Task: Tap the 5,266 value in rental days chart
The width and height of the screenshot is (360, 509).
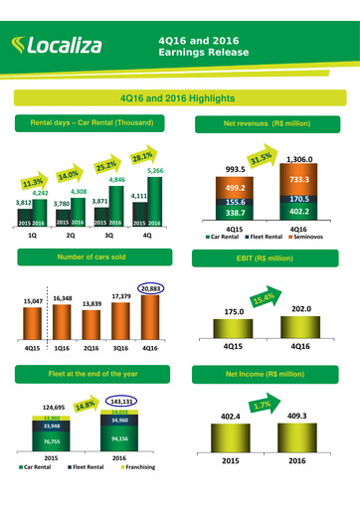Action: (155, 171)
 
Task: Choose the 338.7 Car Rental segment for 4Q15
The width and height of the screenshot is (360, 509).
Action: (236, 212)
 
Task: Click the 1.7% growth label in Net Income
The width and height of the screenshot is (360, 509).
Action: (263, 405)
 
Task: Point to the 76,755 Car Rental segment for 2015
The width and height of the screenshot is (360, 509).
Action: (56, 442)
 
